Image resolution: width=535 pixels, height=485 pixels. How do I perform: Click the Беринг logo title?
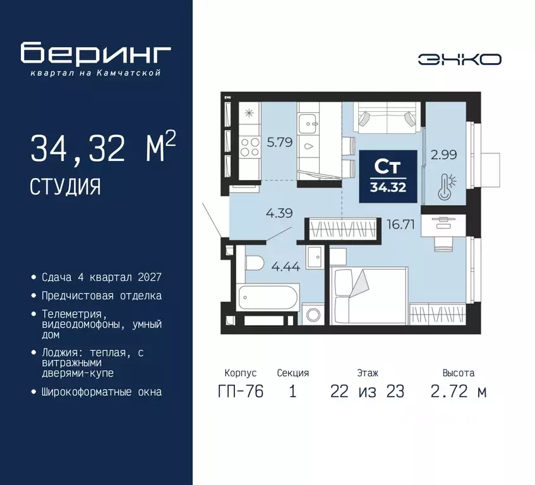coord(95,53)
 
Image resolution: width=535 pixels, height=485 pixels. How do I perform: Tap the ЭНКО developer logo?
coord(460,59)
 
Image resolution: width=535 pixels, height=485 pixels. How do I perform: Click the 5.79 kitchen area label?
coord(279,142)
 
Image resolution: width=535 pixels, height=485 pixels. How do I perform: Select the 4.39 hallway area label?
coord(279,213)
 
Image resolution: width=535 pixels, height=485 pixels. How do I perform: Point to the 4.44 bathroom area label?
coord(286,266)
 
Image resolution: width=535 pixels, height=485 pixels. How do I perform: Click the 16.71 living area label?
coord(400,224)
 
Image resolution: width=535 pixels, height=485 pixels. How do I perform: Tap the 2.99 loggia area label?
coord(443,155)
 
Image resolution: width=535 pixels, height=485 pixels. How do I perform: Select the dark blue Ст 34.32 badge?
coord(388,176)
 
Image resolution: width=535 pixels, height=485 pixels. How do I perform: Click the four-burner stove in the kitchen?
coord(249,147)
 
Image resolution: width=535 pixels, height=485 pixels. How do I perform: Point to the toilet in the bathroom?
coord(255,263)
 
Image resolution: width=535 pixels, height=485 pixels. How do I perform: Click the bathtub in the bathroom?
coord(268,297)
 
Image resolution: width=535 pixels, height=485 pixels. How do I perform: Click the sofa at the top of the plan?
coord(387,117)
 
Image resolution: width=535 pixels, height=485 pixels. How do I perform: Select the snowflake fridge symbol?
coord(249,113)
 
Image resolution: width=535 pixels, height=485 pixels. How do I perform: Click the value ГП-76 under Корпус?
coord(241,391)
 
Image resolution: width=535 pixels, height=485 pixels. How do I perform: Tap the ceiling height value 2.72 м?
coord(458,391)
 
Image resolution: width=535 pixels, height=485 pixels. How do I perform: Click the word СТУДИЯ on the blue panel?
coord(65,186)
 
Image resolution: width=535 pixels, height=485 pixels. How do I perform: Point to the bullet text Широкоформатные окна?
coord(102,392)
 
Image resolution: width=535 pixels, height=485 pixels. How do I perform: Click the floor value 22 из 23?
coord(368,391)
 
